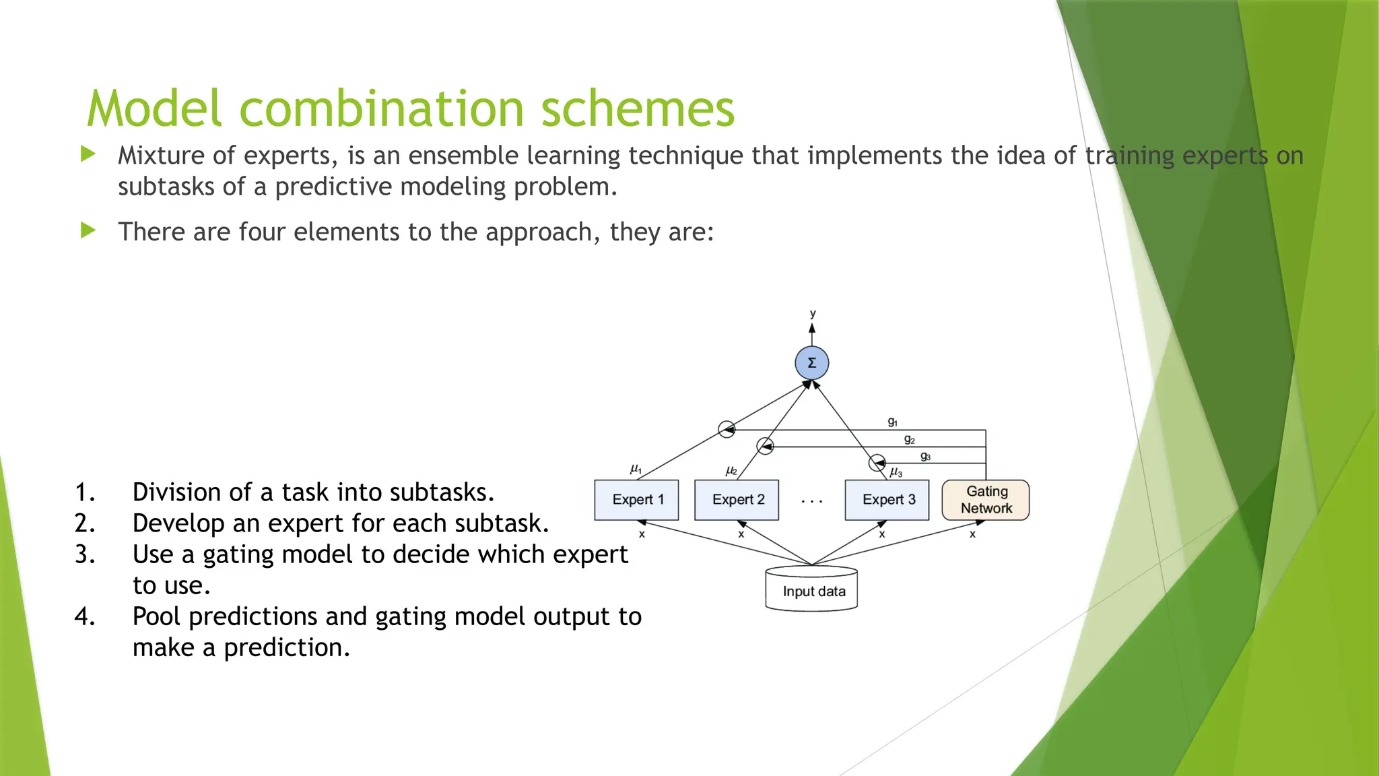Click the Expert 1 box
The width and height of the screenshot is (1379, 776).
(x=636, y=500)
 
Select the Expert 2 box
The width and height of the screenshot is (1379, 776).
(x=737, y=500)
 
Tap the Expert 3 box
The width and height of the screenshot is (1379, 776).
(x=887, y=500)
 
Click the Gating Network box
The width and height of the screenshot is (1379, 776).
(x=986, y=500)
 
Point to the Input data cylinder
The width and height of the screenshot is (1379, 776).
(x=811, y=590)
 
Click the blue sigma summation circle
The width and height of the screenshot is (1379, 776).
(x=811, y=363)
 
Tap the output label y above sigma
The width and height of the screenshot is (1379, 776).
(x=813, y=314)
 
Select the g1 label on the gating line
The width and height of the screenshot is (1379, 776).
(x=892, y=422)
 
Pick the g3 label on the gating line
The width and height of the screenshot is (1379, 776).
(x=925, y=456)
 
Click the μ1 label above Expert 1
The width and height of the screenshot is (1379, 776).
(x=636, y=468)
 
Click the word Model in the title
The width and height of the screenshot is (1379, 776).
(x=154, y=109)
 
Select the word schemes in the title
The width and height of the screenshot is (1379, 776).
(x=637, y=109)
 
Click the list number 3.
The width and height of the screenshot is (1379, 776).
(x=84, y=554)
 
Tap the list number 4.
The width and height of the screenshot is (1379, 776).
(x=84, y=616)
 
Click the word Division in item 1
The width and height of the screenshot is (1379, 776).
(x=176, y=492)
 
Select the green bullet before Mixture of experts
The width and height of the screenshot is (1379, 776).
(x=88, y=154)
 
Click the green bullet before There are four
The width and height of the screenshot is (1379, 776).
(x=88, y=231)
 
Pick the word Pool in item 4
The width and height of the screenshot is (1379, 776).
(x=157, y=616)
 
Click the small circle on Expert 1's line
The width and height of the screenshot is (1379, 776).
(x=726, y=429)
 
